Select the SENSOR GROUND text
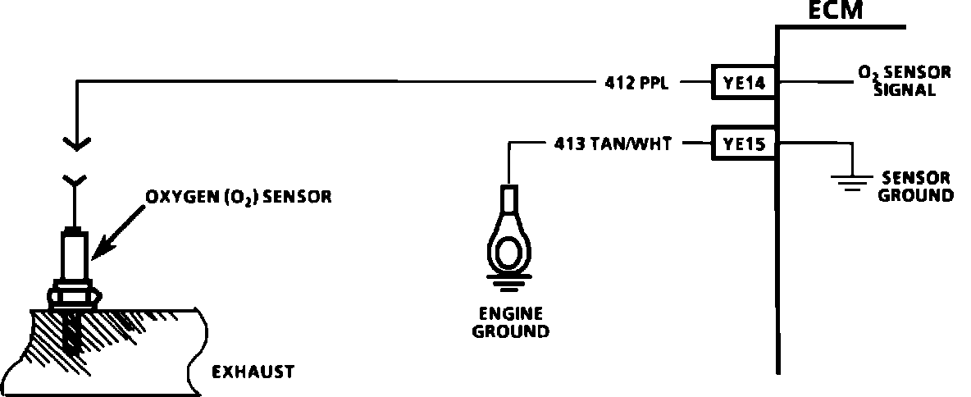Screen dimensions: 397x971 coord(916,186)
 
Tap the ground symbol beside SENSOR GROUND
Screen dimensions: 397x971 coord(853,180)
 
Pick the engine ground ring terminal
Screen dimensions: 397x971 coord(508,242)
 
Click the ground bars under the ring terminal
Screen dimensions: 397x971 coord(508,285)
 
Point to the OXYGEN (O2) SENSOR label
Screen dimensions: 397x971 coord(239,198)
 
